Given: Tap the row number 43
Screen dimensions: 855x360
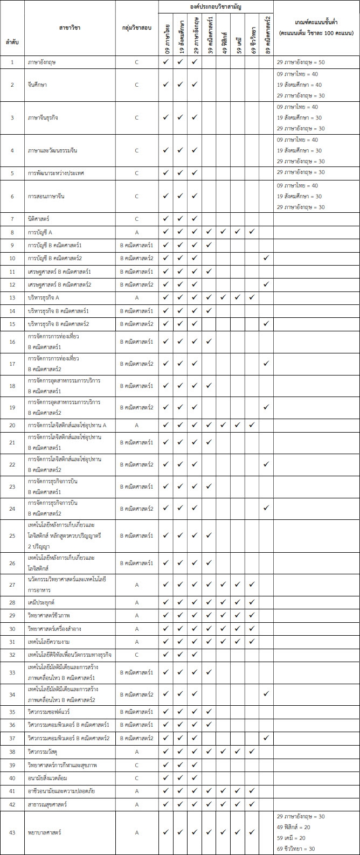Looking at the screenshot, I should point(12,832).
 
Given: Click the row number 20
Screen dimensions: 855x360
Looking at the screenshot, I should point(12,426).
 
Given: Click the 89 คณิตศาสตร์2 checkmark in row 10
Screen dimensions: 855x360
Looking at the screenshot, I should point(266,259).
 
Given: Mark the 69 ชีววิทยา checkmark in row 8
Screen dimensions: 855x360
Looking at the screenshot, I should point(252,232).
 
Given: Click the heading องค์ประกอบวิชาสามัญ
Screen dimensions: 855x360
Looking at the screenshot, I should point(216,6).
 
